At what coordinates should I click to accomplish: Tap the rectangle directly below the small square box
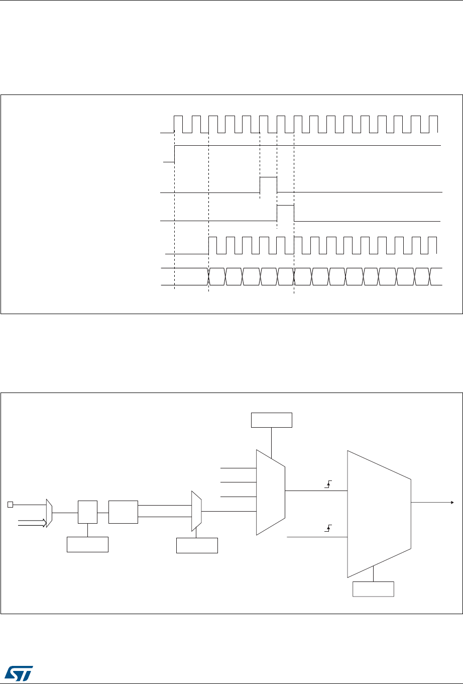[88, 544]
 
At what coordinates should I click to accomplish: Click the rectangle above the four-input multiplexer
[272, 420]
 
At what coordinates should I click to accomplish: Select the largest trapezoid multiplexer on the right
[379, 514]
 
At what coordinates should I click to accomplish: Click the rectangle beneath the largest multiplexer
[374, 589]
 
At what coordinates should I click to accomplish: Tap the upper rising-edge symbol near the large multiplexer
[328, 484]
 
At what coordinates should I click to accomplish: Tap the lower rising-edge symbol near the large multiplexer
[328, 528]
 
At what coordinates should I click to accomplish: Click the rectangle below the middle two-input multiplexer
[197, 545]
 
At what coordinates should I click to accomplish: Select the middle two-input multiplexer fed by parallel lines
[196, 511]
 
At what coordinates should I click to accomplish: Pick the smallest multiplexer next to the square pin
[49, 513]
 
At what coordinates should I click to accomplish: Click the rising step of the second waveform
[174, 154]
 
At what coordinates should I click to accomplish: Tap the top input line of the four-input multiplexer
[239, 468]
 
